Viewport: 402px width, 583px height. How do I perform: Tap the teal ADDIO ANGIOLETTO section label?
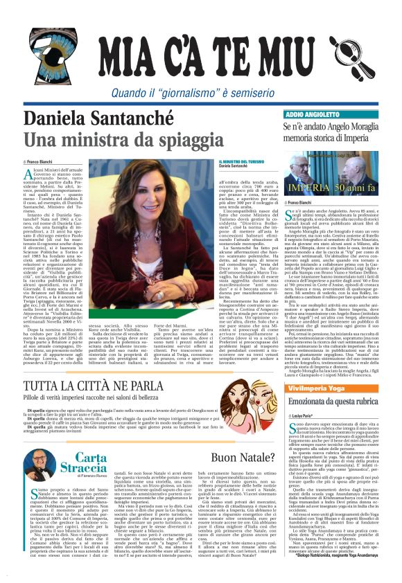click(x=312, y=113)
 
